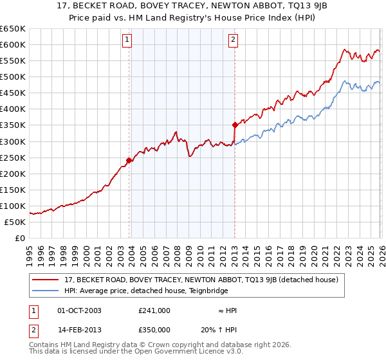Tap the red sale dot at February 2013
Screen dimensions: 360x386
pos(235,125)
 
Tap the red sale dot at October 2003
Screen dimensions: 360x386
pos(129,160)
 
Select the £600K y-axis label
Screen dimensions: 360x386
pos(13,44)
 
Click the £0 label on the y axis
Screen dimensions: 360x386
pos(20,238)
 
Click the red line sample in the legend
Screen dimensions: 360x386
pos(46,280)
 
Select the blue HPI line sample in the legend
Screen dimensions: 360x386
pos(46,291)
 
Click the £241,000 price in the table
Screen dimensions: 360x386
pos(154,310)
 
